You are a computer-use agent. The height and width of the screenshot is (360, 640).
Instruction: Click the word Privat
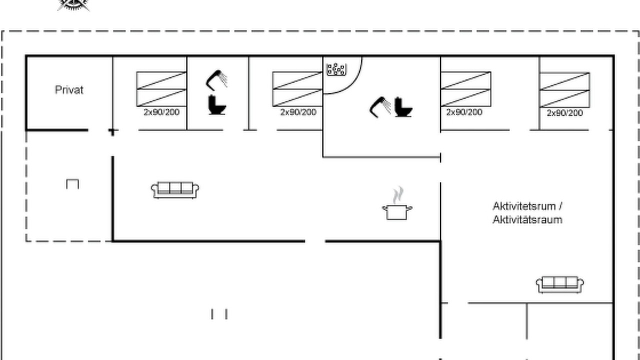click(69, 90)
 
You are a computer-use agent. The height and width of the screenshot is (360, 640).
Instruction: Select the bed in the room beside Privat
click(161, 89)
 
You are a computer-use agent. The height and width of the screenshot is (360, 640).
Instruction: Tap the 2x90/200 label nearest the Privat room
click(161, 112)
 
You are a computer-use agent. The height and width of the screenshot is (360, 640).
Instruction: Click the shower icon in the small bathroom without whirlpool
click(216, 80)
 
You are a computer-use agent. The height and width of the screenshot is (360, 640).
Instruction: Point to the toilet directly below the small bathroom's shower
click(217, 105)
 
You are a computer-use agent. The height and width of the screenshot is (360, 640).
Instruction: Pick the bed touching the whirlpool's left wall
click(297, 89)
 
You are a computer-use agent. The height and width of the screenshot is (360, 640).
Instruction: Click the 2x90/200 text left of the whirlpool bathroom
click(298, 112)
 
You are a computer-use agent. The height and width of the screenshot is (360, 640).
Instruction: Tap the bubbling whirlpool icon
click(336, 69)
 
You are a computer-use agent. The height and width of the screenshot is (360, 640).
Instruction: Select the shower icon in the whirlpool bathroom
click(380, 107)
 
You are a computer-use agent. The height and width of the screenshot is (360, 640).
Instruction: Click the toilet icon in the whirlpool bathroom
click(403, 107)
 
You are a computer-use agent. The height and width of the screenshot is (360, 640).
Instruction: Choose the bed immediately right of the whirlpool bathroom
click(466, 89)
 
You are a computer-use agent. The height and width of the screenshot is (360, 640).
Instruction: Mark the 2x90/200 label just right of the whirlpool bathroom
click(464, 112)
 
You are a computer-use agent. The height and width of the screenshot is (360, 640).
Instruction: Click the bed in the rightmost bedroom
click(564, 90)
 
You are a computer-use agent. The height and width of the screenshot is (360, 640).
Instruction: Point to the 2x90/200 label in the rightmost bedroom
click(565, 113)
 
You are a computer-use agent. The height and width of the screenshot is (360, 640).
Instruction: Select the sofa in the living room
click(175, 190)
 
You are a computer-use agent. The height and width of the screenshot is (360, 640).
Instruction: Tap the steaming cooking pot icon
click(397, 203)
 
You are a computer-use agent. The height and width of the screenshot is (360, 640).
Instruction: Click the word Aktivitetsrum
click(524, 206)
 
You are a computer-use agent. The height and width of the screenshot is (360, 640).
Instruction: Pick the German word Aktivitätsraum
click(527, 219)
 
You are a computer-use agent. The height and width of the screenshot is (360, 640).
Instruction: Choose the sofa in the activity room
click(559, 284)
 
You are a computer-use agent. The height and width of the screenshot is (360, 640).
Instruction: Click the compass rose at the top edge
click(73, 5)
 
